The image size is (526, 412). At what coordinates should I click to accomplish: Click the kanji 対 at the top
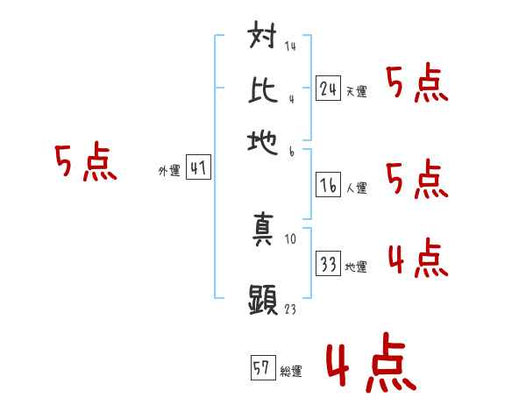[x=264, y=39]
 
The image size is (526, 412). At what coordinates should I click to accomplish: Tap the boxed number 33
[x=329, y=264]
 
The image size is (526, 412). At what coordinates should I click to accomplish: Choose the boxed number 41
[x=198, y=168]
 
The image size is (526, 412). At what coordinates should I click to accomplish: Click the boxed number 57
[x=262, y=367]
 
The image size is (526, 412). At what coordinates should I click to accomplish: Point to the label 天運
[x=356, y=91]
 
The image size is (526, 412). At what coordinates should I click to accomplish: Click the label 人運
[x=356, y=187]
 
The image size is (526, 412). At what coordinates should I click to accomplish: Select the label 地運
[x=356, y=267]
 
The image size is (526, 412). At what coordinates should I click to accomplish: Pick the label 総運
[x=290, y=371]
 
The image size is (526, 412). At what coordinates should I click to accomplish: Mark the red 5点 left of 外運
[x=85, y=163]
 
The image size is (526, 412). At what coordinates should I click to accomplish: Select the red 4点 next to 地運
[x=417, y=260]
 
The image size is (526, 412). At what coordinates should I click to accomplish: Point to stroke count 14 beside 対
[x=289, y=46]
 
